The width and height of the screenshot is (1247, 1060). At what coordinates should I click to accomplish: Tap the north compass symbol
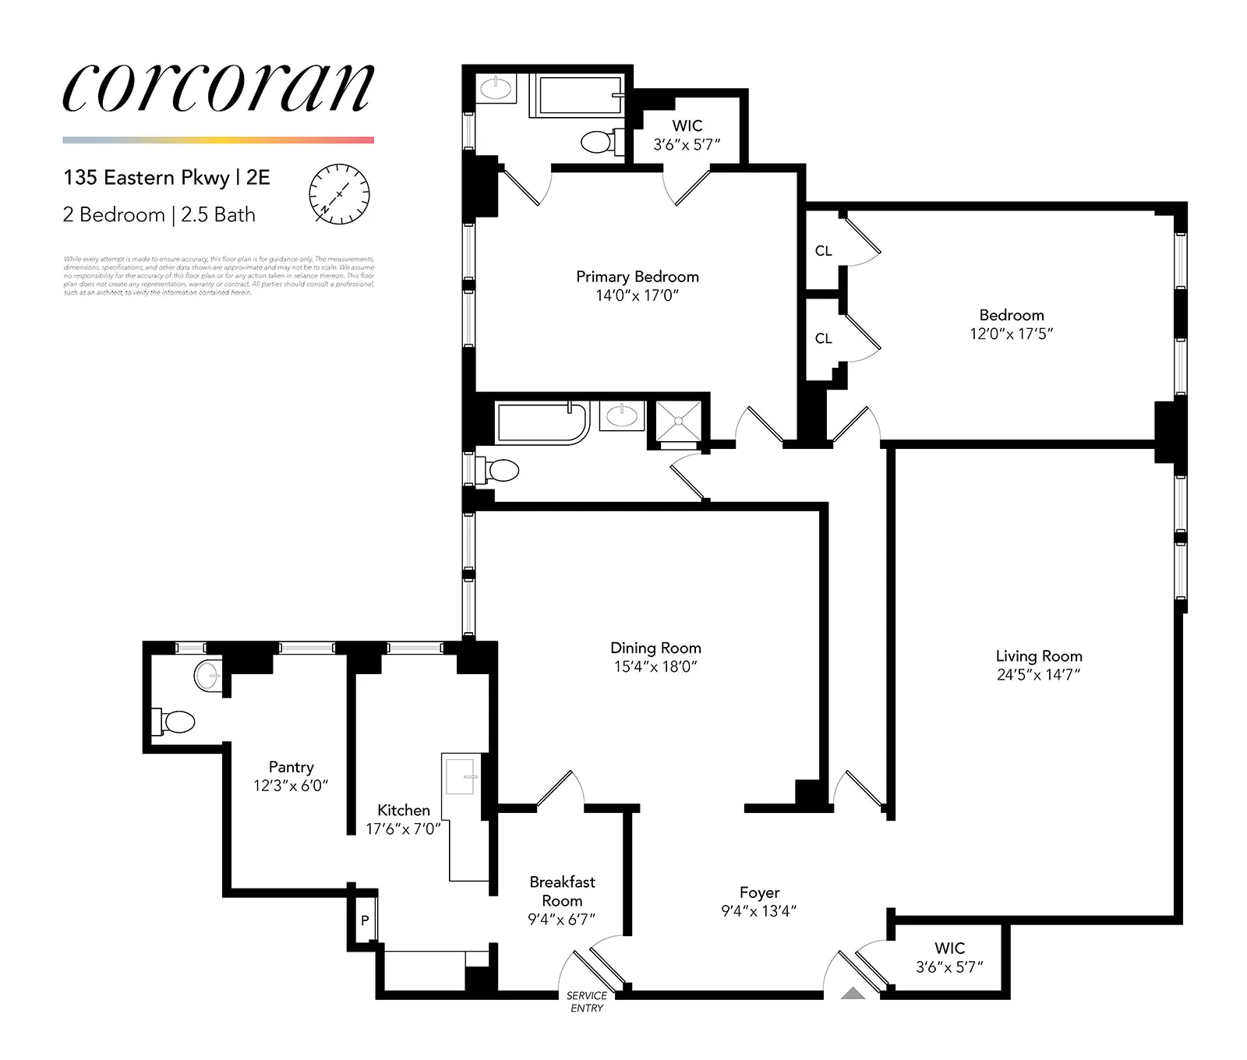(x=340, y=194)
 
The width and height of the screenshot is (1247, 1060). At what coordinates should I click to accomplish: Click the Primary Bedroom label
(x=637, y=277)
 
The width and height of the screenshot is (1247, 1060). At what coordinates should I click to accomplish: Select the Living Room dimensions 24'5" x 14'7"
(x=1038, y=675)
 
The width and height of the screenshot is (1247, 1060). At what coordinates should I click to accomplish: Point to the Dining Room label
(x=655, y=648)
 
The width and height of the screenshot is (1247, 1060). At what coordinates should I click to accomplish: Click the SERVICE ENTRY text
(x=587, y=1002)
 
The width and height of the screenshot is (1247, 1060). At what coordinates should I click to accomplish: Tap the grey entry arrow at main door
(x=854, y=993)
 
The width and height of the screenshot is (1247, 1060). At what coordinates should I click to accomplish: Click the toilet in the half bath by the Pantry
(x=178, y=722)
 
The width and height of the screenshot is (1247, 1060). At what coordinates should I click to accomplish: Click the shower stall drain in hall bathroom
(x=679, y=421)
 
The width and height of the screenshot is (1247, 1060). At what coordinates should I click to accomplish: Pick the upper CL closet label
(x=823, y=251)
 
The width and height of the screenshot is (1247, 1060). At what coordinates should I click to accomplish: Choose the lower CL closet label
(x=823, y=338)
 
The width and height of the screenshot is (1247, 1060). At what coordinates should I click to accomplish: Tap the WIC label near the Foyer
(x=949, y=948)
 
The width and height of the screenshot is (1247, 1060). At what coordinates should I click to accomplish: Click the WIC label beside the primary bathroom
(x=687, y=125)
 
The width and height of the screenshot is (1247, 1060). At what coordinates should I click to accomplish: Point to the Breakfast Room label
(x=562, y=891)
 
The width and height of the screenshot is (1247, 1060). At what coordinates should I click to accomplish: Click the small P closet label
(x=365, y=920)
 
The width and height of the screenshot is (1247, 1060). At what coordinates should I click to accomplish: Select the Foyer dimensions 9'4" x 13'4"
(x=758, y=911)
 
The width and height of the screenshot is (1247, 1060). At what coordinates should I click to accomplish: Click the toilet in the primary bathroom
(x=597, y=142)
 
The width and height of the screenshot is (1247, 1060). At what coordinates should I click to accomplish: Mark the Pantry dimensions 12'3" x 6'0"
(x=291, y=786)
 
